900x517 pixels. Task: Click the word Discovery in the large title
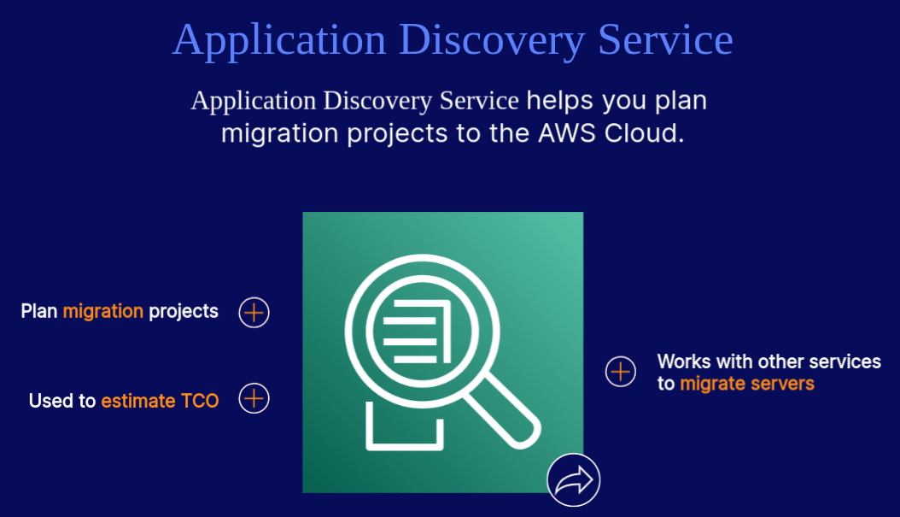point(492,40)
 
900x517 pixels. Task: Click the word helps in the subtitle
point(560,101)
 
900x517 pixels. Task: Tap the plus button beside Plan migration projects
point(254,313)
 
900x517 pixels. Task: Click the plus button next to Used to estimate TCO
point(254,399)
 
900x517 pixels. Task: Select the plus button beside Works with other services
point(621,372)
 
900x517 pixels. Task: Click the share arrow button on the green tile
point(574,480)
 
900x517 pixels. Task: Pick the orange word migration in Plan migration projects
point(103,311)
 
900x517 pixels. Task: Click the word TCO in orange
point(200,401)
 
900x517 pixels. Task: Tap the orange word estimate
point(138,401)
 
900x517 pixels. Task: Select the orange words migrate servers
point(747,384)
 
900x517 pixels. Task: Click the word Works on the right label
point(684,361)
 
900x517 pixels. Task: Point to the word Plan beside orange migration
point(39,311)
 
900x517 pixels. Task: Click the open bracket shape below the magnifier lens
point(405,432)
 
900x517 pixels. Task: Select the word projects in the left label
point(184,311)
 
